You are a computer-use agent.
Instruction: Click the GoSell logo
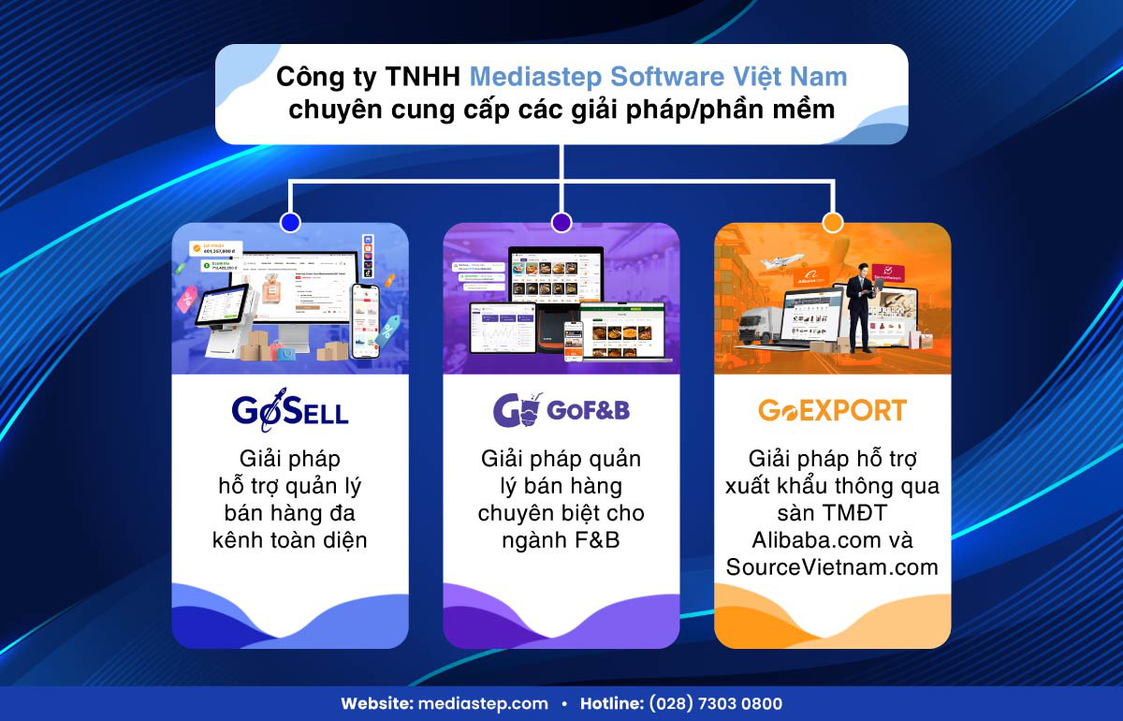click(x=289, y=410)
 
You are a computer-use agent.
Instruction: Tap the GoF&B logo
click(x=561, y=410)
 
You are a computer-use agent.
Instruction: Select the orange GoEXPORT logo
click(x=832, y=410)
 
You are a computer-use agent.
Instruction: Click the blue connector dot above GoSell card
click(x=290, y=223)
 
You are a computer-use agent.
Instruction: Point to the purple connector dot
click(x=561, y=223)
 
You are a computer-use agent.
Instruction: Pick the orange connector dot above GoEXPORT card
click(x=832, y=223)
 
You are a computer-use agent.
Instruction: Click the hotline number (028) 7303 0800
click(x=717, y=703)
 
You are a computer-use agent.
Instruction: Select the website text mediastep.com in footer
click(x=497, y=703)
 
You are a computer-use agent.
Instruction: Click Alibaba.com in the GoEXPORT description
click(x=817, y=540)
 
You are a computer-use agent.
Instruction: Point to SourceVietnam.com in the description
click(x=832, y=567)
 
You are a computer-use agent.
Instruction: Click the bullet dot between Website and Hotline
click(x=564, y=703)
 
